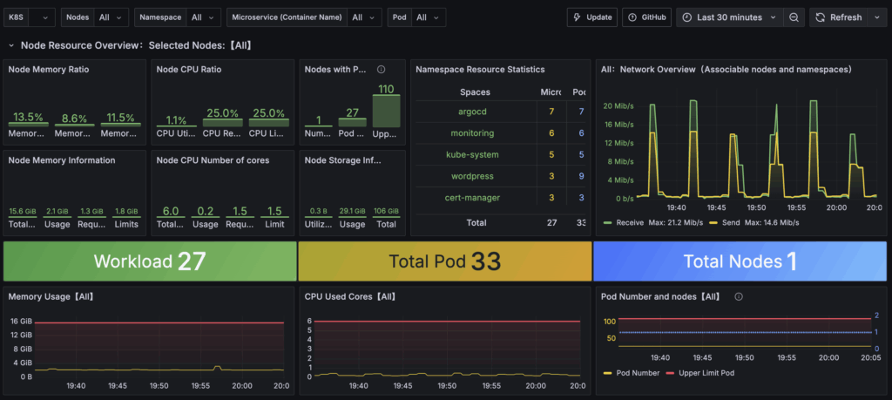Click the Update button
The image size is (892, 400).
pyautogui.click(x=591, y=17)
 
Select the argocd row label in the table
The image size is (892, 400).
pyautogui.click(x=476, y=112)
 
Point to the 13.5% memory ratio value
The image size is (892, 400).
pyautogui.click(x=28, y=118)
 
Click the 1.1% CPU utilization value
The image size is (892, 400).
pyautogui.click(x=176, y=121)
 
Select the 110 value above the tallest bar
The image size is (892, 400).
pyautogui.click(x=386, y=89)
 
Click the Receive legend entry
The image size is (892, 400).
pyautogui.click(x=629, y=222)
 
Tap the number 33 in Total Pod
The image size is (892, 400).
pyautogui.click(x=481, y=261)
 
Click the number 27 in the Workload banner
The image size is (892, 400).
pyautogui.click(x=192, y=261)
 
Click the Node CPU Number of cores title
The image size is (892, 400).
pyautogui.click(x=212, y=160)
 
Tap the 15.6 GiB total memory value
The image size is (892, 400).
pyautogui.click(x=22, y=212)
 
